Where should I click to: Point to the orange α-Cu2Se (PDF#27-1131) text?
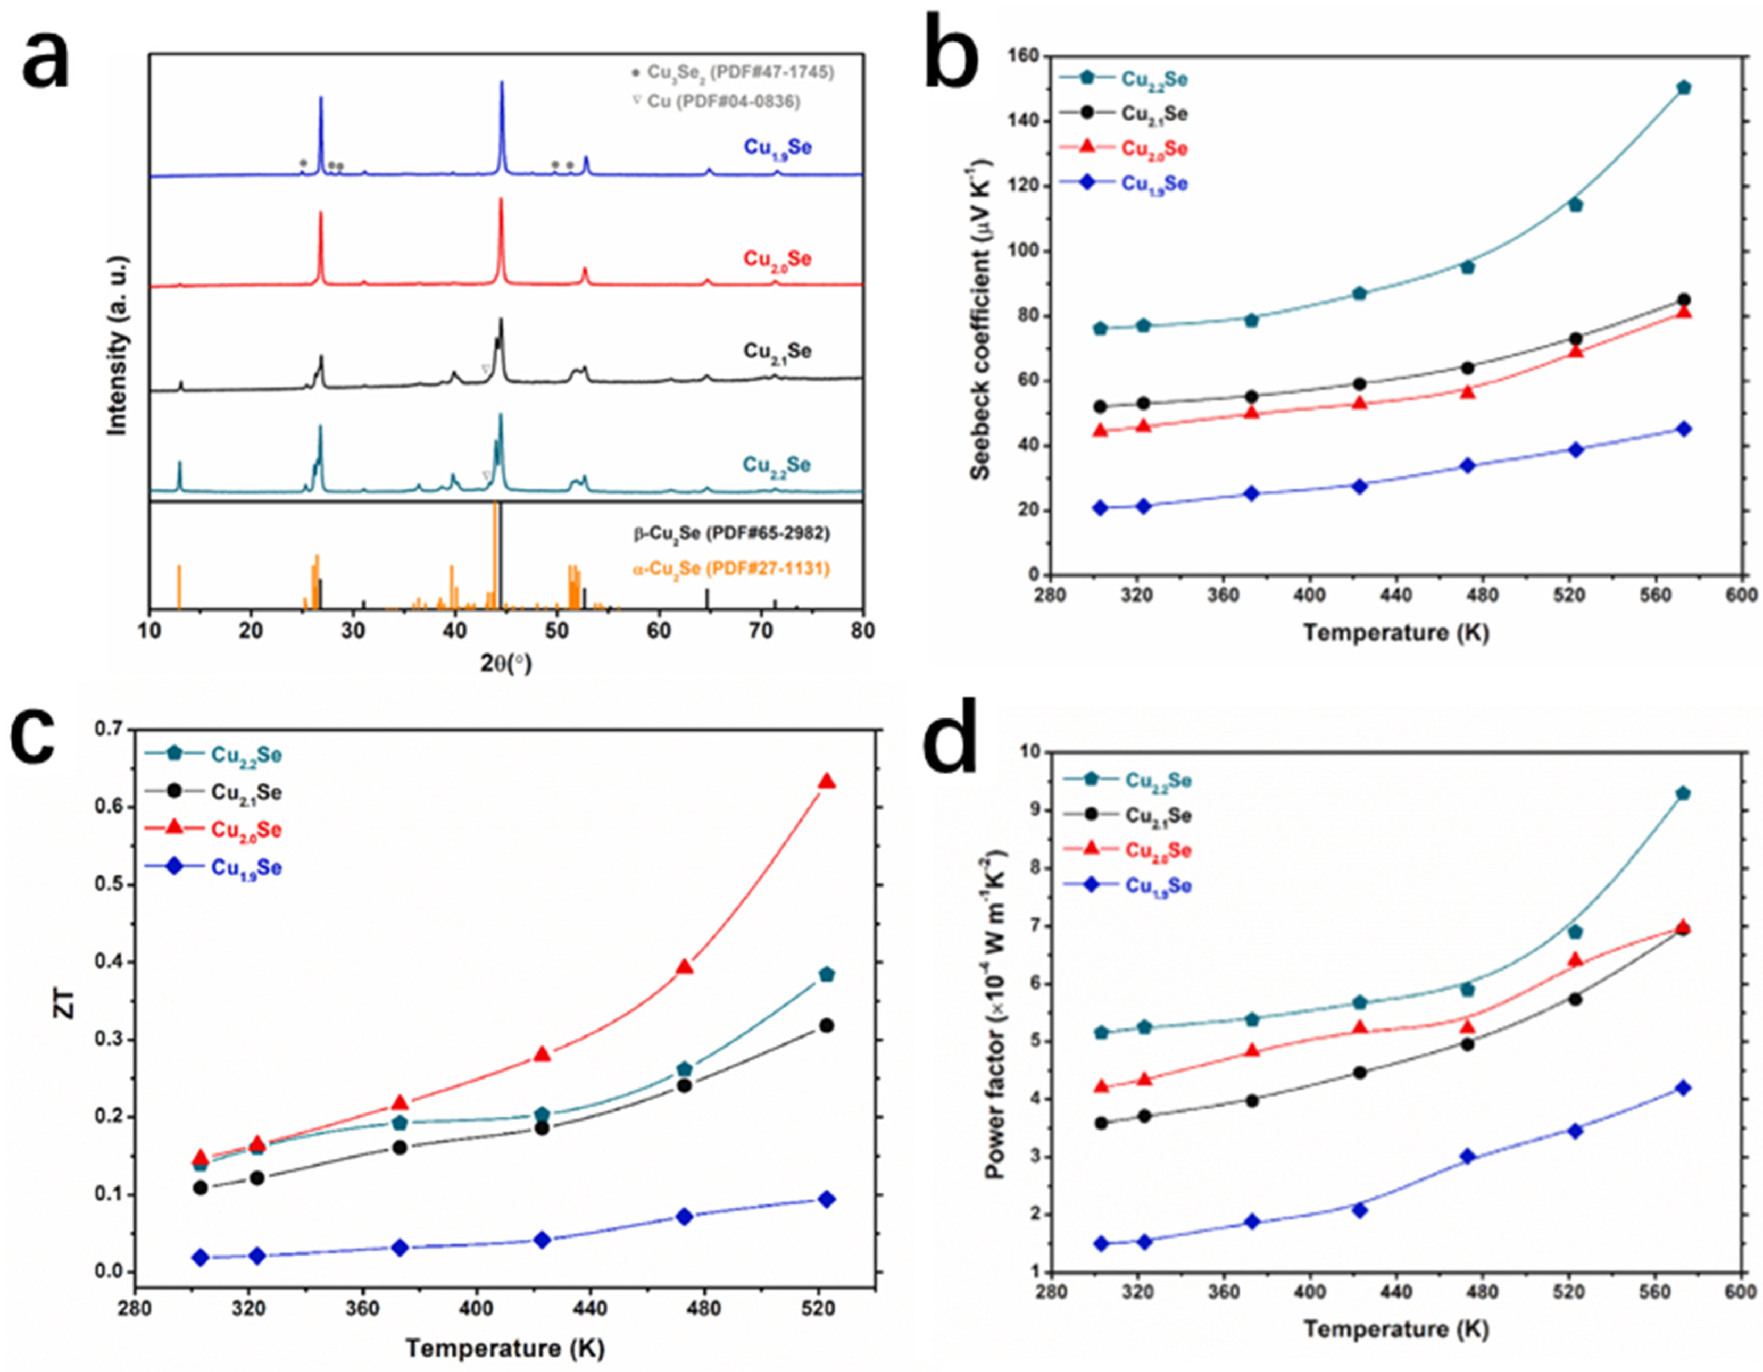[x=730, y=569]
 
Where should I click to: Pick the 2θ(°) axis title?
[x=506, y=664]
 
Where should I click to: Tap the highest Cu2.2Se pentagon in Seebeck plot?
[x=1684, y=87]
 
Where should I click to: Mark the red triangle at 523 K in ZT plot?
[x=827, y=781]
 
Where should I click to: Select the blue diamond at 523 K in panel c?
[x=827, y=1199]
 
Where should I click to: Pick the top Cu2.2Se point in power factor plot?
[x=1683, y=793]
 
